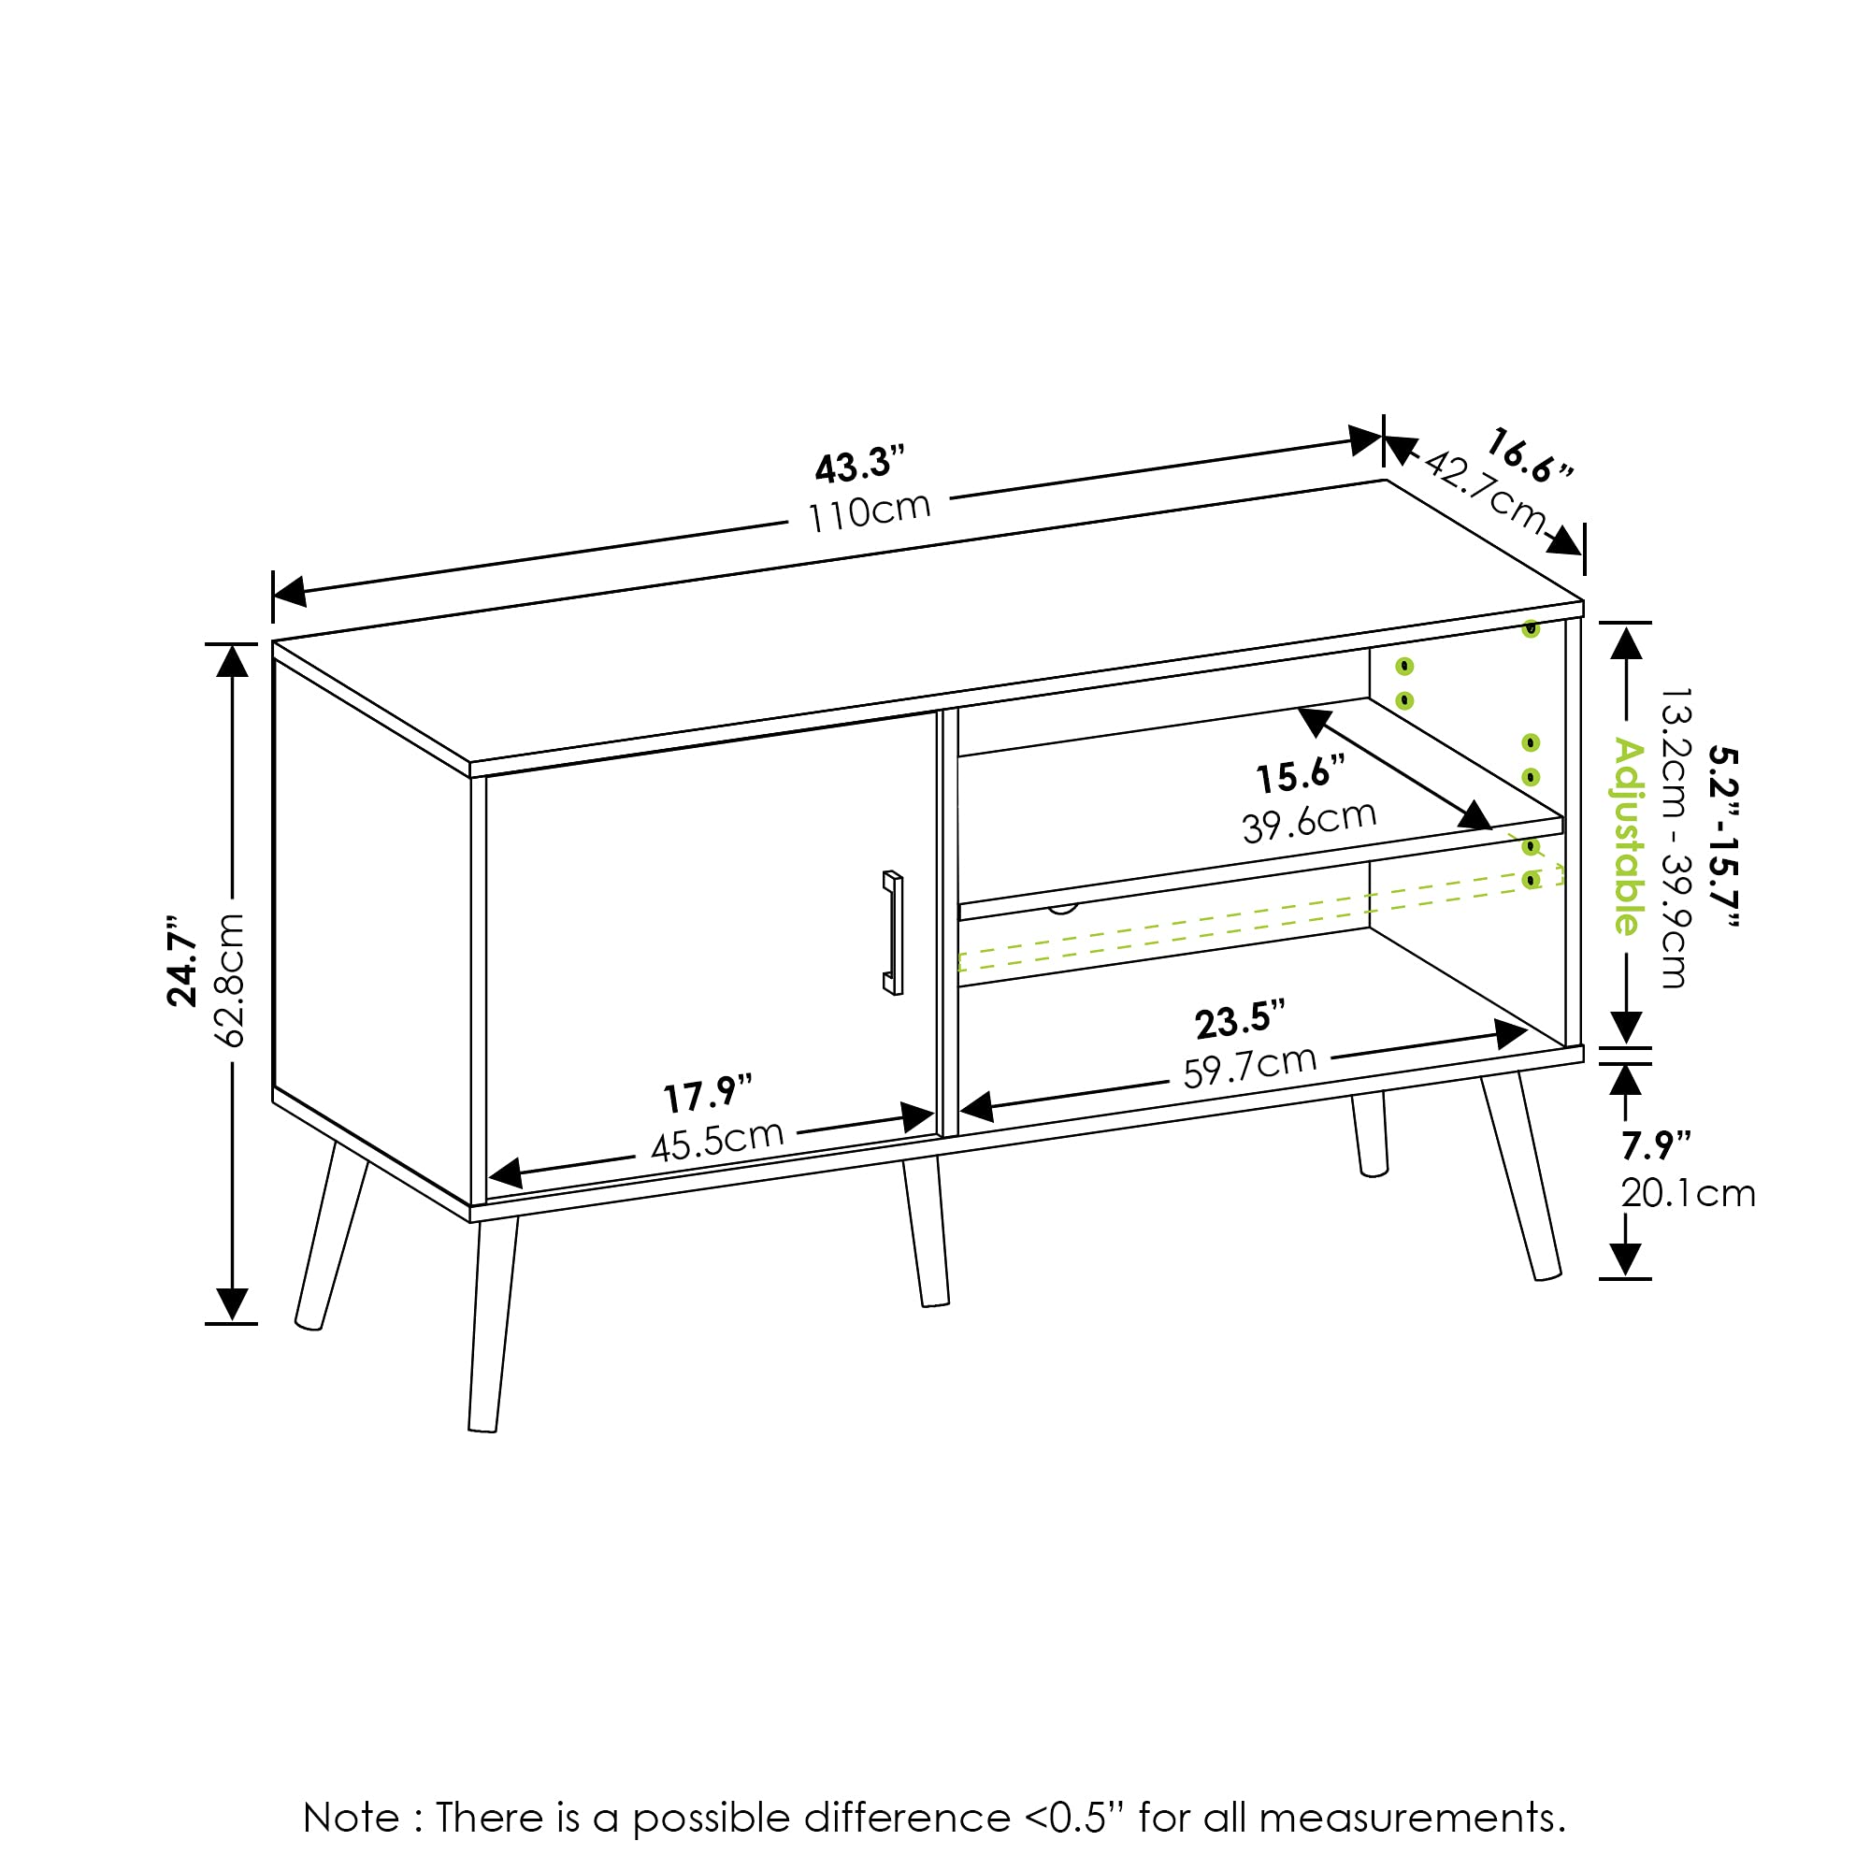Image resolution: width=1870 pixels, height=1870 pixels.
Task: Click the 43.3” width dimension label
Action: coord(859,466)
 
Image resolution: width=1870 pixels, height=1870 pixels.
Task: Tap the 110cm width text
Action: coord(870,512)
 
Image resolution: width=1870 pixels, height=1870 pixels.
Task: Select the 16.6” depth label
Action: coord(1529,456)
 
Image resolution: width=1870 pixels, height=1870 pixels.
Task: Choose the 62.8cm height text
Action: coord(229,980)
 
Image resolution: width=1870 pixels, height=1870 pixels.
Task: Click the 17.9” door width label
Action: coord(708,1095)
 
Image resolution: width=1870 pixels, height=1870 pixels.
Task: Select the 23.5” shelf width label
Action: coord(1240,1020)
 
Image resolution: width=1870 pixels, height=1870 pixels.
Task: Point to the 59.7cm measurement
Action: coord(1249,1067)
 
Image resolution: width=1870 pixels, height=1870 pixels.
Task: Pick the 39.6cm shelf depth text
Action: coord(1309,823)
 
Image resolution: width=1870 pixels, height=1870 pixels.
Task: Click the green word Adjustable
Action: coord(1628,837)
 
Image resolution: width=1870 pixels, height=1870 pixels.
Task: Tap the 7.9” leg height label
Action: coord(1656,1146)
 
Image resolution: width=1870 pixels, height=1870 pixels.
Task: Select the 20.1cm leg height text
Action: coord(1688,1193)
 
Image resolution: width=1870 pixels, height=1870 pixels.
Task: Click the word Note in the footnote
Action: coord(351,1818)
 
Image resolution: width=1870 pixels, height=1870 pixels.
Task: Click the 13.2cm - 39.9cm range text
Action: coord(1676,838)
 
